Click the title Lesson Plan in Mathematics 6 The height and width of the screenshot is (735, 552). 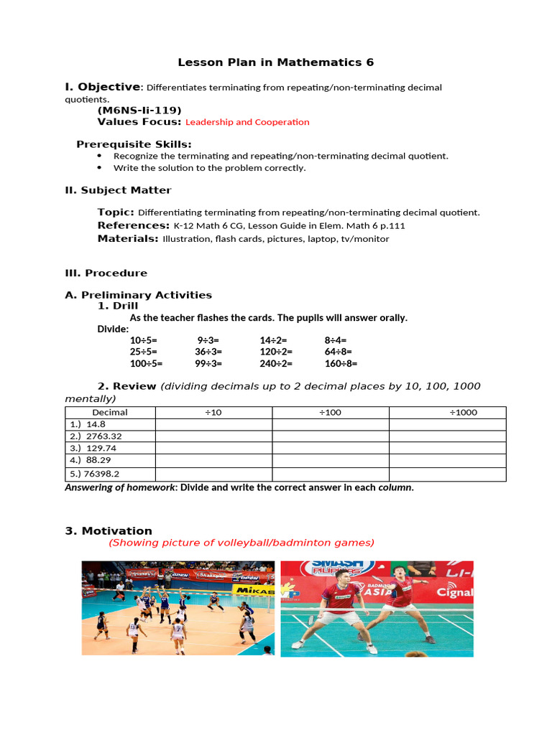[276, 62]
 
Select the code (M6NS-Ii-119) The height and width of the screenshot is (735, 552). [139, 110]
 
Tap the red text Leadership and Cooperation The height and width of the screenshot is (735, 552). [247, 122]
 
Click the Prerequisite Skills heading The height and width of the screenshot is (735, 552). [134, 144]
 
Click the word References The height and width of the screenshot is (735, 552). [133, 225]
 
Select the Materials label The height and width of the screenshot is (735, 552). [128, 239]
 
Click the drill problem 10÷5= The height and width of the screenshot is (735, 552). [143, 340]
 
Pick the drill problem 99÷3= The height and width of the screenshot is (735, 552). [208, 363]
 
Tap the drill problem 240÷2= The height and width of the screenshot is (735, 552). [273, 363]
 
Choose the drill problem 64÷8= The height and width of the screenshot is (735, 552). [338, 352]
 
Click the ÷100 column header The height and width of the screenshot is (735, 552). [330, 413]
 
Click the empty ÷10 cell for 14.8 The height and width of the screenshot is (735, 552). [213, 424]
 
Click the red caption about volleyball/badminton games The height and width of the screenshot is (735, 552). [241, 543]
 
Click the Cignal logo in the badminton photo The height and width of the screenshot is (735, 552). [456, 592]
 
